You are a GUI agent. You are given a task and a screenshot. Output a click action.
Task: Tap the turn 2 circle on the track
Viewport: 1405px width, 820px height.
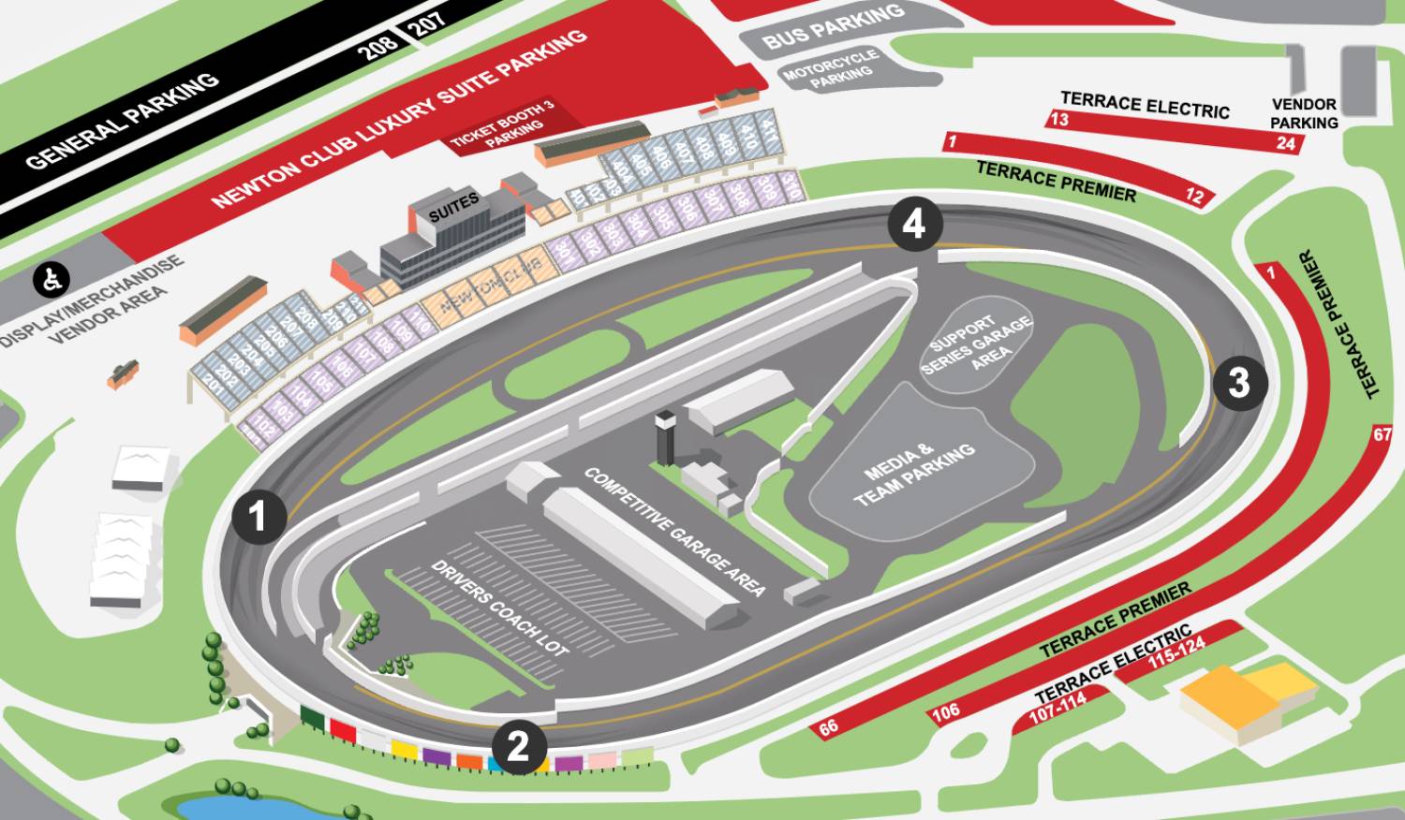point(518,746)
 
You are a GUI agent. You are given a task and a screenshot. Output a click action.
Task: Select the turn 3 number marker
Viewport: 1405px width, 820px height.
point(1239,382)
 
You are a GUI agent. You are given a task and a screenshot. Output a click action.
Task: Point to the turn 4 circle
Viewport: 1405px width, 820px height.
point(913,224)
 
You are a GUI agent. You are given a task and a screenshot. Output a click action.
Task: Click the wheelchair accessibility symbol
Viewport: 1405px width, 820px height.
point(52,278)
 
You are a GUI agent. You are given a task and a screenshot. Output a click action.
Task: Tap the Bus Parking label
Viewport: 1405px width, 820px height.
point(834,27)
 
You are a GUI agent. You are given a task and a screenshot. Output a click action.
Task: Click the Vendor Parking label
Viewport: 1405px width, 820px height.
point(1304,113)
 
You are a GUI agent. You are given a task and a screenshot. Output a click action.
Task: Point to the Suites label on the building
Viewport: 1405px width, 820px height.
point(453,207)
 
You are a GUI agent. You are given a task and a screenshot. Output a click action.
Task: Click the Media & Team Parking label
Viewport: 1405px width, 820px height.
point(914,475)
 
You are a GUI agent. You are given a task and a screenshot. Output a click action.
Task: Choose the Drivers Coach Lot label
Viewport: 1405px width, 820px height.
point(499,608)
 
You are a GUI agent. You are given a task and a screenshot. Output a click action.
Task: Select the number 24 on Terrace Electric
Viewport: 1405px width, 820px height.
point(1286,143)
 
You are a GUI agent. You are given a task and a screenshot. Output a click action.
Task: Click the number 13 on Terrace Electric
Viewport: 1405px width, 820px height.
point(1058,119)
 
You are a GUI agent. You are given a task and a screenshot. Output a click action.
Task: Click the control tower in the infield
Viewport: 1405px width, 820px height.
point(665,435)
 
